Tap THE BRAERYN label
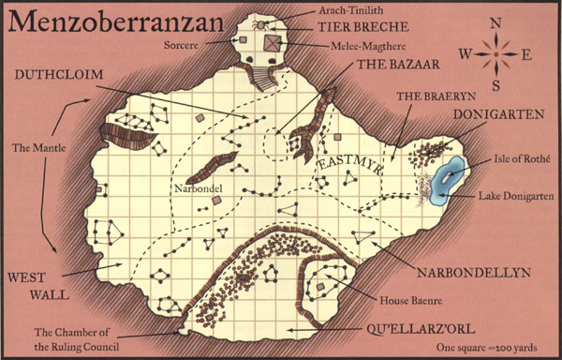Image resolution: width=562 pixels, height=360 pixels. tap(424, 97)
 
